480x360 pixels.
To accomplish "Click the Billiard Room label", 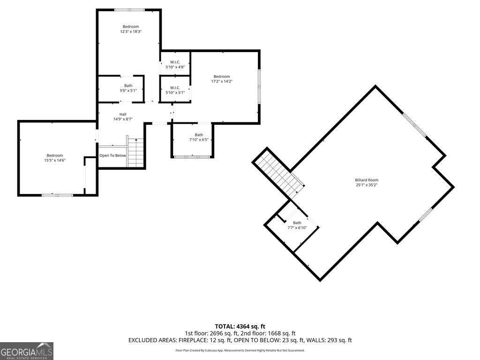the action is (367, 180).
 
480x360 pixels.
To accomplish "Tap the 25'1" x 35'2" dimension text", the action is (367, 185).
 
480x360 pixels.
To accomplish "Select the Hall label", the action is (123, 114).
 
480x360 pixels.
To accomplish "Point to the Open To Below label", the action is (112, 156).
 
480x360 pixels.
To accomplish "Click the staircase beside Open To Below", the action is (135, 153).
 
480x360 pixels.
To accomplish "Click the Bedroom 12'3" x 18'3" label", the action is (131, 29).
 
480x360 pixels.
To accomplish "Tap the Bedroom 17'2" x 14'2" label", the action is (222, 79).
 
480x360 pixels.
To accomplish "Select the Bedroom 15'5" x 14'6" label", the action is (55, 157).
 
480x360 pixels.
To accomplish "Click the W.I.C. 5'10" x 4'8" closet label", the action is (175, 64).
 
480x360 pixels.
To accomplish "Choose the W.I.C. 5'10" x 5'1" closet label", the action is (175, 90).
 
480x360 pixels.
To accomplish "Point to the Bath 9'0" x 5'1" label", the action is (128, 88).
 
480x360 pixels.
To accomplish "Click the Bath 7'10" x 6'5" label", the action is (199, 137).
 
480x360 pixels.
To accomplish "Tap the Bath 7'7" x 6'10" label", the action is (297, 225).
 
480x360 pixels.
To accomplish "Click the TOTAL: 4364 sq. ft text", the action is (240, 326).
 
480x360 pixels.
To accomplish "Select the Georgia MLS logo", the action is (27, 351).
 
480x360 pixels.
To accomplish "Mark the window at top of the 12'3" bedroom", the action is (129, 10).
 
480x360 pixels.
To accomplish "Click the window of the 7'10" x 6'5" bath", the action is (192, 157).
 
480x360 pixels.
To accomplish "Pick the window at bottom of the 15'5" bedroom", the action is (57, 195).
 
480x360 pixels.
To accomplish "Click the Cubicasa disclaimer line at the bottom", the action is (240, 350).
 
